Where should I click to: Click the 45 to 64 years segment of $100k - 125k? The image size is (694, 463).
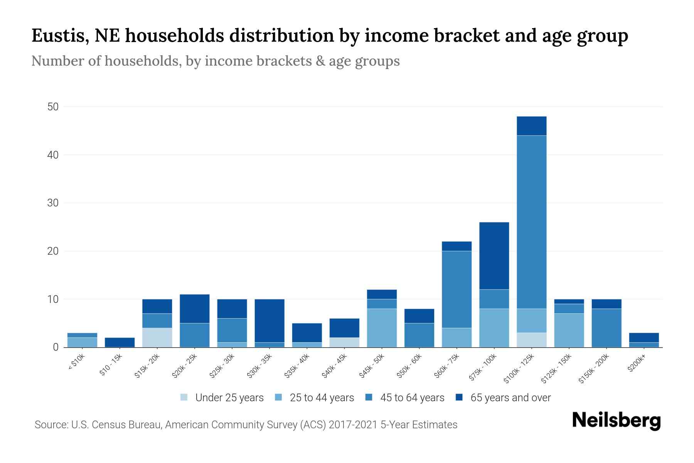(531, 222)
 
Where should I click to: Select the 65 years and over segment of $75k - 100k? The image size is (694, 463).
(494, 256)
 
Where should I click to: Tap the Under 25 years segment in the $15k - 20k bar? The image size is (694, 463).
(157, 337)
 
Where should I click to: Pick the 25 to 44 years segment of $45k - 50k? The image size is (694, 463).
(382, 328)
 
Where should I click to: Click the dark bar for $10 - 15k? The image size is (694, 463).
(120, 342)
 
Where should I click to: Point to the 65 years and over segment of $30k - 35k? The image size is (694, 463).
(270, 321)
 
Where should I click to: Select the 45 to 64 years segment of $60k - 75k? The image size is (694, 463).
(456, 289)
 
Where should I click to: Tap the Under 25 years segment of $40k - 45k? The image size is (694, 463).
(344, 342)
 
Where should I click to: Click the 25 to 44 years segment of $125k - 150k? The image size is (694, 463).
(569, 330)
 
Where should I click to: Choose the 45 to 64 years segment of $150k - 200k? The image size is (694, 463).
(606, 328)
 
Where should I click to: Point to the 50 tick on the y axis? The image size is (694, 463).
(53, 107)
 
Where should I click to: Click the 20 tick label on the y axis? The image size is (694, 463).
(53, 251)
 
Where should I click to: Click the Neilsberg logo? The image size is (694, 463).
(616, 421)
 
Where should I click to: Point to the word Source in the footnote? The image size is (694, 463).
(50, 425)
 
